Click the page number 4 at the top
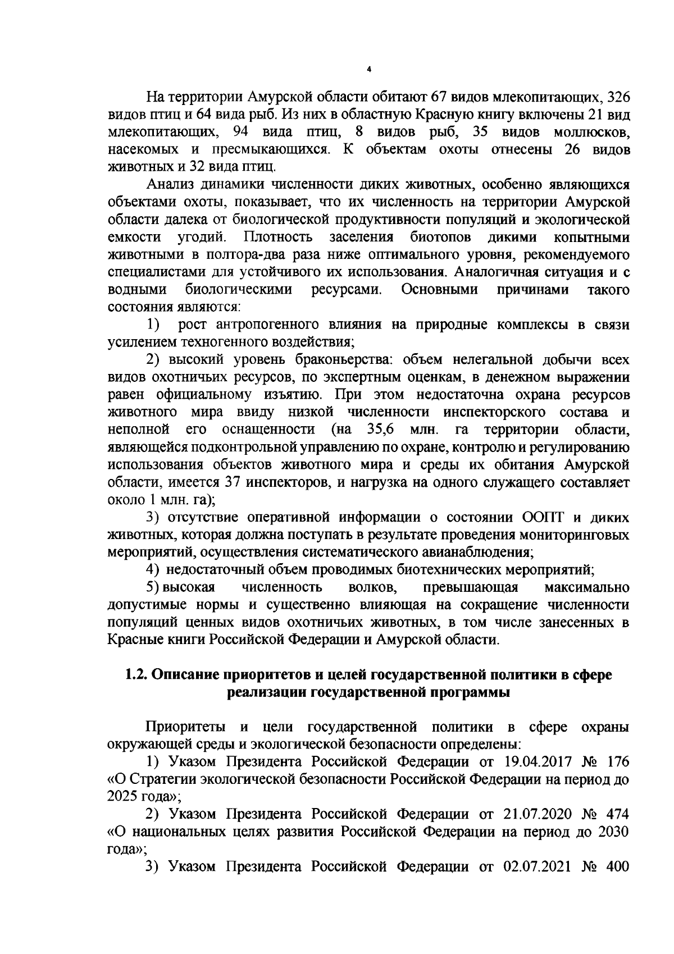coord(368,69)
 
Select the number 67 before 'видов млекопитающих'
coord(439,96)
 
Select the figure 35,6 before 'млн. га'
coord(380,430)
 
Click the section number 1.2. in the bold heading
coord(138,675)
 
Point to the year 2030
coord(611,832)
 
